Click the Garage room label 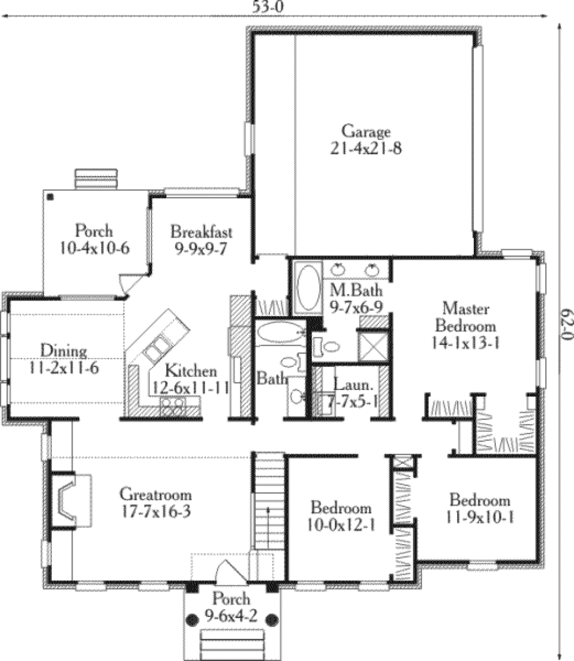pos(366,132)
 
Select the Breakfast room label pos(201,231)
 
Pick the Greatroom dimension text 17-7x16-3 pos(156,511)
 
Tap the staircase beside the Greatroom pos(269,501)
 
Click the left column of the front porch pos(192,620)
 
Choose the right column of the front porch pos(272,620)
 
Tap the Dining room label pos(63,351)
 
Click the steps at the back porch pos(96,179)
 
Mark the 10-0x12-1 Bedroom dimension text pos(341,525)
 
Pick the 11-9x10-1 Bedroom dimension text pos(480,516)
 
